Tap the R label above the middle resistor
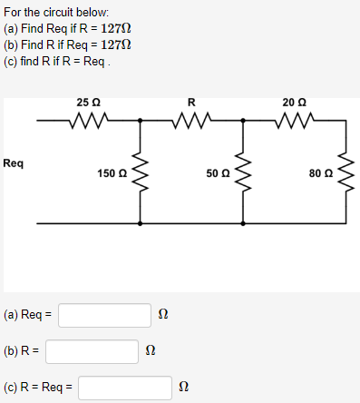tap(190, 100)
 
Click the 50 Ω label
tap(218, 172)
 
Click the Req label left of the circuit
tap(14, 164)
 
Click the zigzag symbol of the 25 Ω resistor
tap(89, 118)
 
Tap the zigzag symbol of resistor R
tap(191, 118)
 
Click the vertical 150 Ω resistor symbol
tap(139, 170)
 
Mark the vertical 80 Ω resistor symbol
tap(345, 170)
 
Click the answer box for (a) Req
tap(104, 315)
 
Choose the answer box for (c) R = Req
tap(124, 388)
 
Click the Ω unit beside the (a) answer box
tap(163, 315)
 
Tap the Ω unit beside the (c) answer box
tap(183, 388)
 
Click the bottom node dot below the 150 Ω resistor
tap(139, 221)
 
